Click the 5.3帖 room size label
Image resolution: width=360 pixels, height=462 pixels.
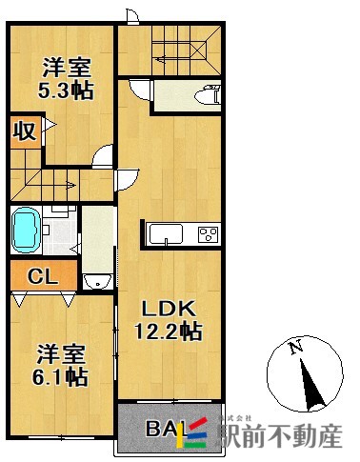point(65,93)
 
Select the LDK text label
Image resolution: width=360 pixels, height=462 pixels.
point(169,309)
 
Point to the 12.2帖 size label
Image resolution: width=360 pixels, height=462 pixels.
point(170,332)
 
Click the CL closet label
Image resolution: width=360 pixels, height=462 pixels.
point(40,277)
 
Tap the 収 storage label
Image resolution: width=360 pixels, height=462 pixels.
point(25,131)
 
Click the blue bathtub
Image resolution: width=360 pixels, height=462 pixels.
point(26,230)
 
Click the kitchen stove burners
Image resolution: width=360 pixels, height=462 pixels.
point(207,234)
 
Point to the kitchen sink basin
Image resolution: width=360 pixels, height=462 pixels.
point(159,234)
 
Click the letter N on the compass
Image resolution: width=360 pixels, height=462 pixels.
point(296,348)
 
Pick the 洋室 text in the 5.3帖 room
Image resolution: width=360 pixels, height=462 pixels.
point(65,69)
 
